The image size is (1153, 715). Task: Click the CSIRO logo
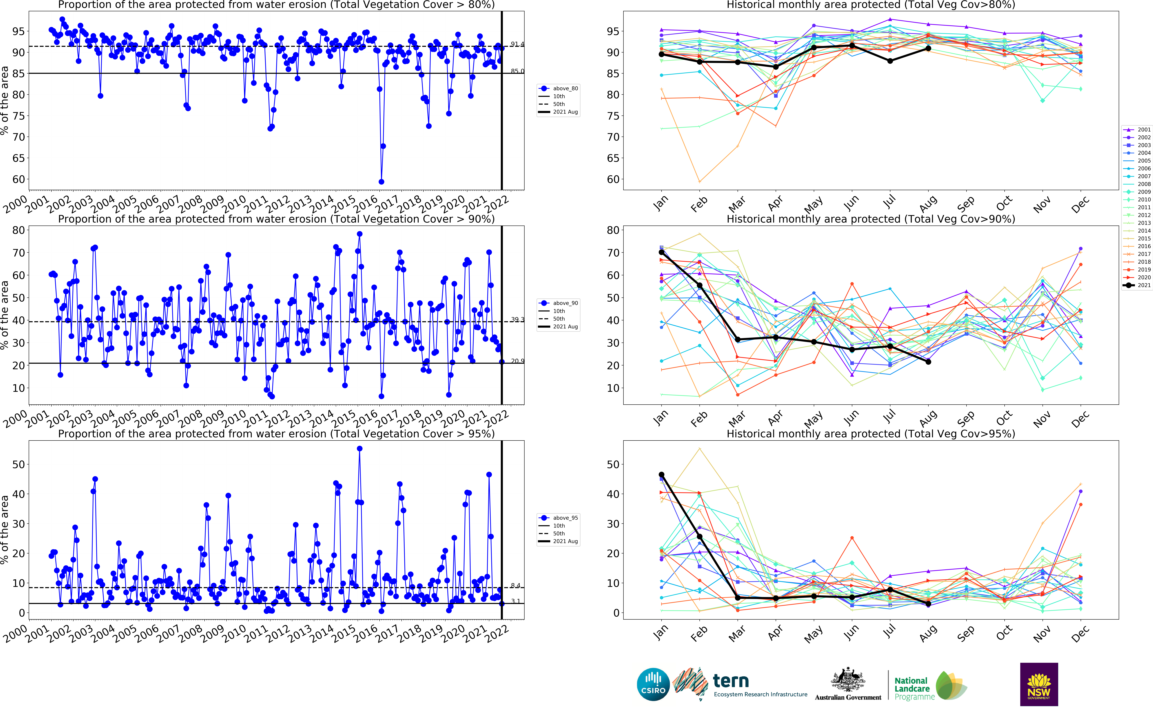pyautogui.click(x=653, y=684)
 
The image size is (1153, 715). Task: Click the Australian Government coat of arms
pyautogui.click(x=848, y=679)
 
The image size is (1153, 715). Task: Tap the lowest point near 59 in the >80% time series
pyautogui.click(x=381, y=182)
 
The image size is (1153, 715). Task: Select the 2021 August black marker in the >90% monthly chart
pyautogui.click(x=928, y=362)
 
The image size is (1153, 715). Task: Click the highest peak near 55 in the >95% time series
pyautogui.click(x=360, y=449)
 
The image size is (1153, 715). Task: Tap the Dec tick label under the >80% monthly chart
pyautogui.click(x=1080, y=204)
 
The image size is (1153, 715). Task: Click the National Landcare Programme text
pyautogui.click(x=912, y=689)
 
